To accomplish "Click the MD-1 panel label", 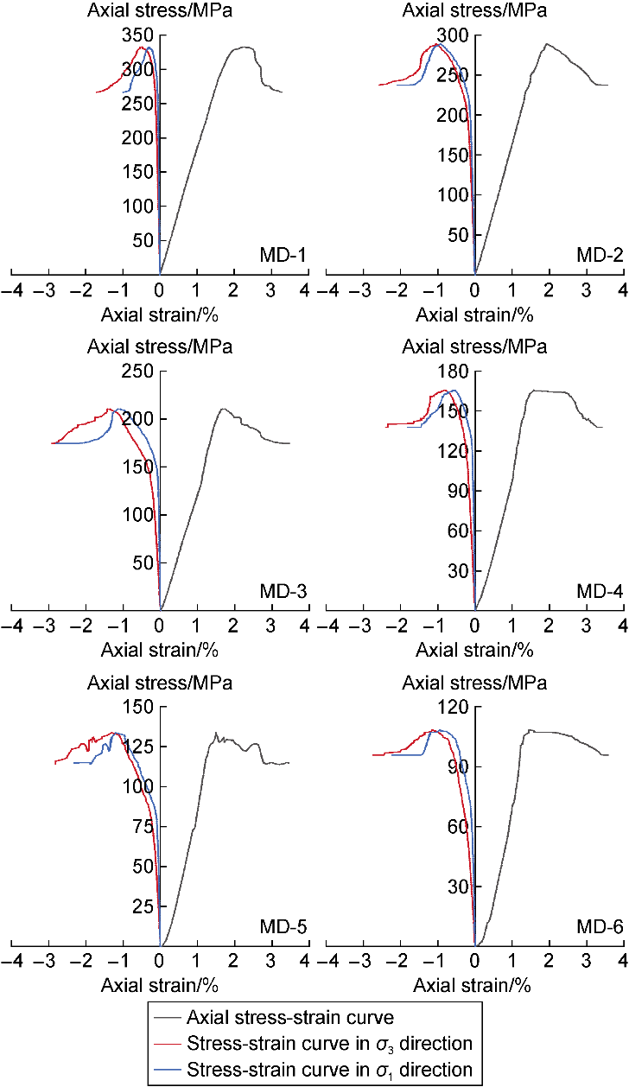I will point(283,256).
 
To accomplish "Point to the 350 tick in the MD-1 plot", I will point(139,35).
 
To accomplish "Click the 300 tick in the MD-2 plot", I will point(454,35).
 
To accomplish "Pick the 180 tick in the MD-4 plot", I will point(454,371).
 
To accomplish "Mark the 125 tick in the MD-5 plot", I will point(139,747).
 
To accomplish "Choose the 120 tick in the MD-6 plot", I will point(454,707).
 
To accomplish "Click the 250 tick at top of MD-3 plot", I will point(139,371).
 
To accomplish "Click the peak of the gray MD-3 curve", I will point(223,409).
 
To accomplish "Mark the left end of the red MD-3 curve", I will point(52,443).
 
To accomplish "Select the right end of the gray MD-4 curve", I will point(601,427).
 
